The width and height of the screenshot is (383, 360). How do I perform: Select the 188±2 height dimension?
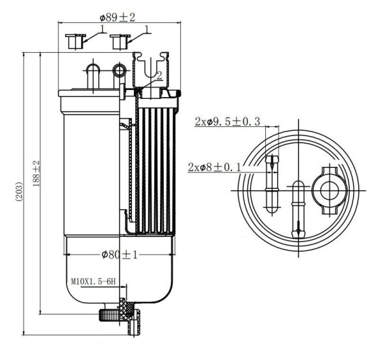point(36,172)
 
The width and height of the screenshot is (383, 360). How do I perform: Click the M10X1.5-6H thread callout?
point(93,282)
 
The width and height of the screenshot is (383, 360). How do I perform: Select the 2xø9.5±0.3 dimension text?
point(227,121)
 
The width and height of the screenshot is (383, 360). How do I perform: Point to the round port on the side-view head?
point(118,70)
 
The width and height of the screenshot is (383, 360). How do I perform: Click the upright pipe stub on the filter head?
point(92,72)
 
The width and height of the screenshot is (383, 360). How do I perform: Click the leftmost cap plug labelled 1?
point(76,41)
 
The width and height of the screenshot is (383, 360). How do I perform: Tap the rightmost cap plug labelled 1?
point(119,41)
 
